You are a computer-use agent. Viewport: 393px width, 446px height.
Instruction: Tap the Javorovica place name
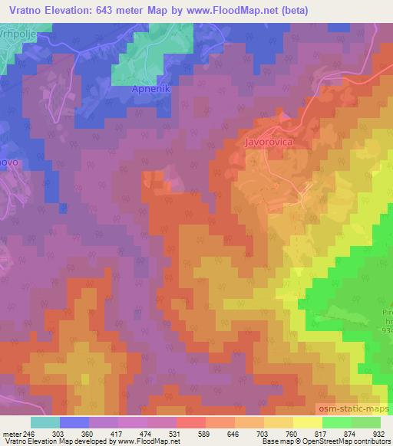269,142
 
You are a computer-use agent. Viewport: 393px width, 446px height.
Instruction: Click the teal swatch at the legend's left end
45,422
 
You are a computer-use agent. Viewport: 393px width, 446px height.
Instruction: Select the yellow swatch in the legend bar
307,422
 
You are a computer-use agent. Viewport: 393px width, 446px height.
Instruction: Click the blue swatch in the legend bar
74,422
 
